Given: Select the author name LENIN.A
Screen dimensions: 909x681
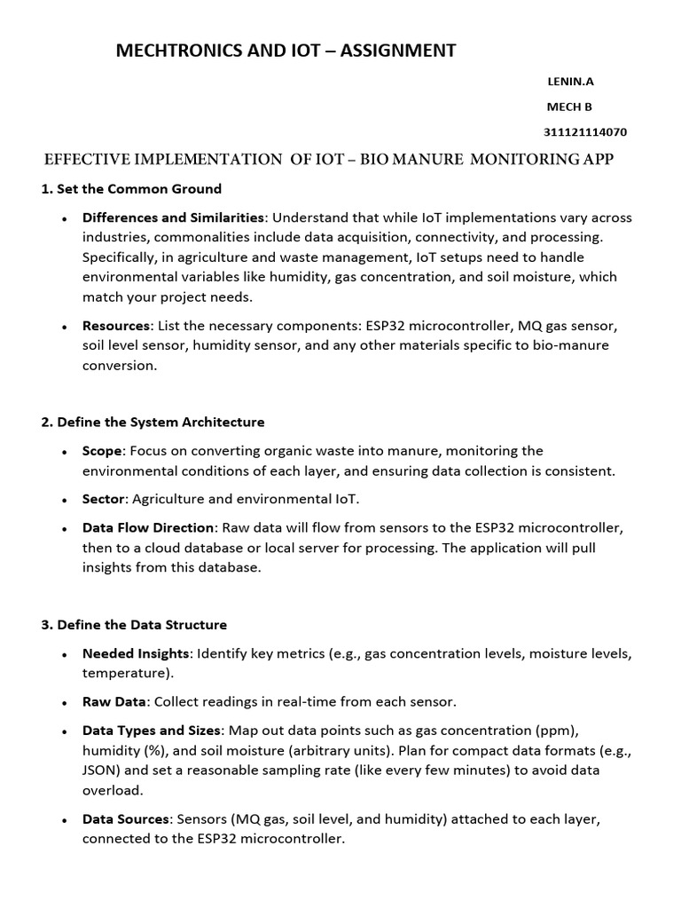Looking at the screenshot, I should pos(569,82).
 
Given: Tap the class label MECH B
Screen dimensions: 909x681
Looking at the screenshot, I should pos(568,107).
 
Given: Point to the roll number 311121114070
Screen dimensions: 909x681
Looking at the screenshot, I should pos(585,132).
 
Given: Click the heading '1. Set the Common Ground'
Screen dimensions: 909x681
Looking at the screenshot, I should pos(131,189).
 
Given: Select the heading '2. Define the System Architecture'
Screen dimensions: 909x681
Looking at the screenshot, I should pos(153,422).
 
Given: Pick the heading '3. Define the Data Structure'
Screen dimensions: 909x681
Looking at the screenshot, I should pos(134,625).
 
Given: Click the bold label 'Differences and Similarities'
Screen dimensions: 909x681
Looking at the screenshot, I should pos(173,217).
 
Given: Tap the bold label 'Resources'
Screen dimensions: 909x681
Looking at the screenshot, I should pos(116,326).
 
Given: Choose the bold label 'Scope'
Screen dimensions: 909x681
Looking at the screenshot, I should pos(102,451).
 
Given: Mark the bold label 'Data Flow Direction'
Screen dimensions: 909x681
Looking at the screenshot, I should pos(148,528).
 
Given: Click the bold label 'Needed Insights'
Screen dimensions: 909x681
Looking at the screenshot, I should pos(136,653).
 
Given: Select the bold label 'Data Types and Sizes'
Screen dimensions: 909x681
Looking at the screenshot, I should pos(151,731).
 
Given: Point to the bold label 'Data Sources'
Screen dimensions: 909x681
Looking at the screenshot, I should pos(125,818).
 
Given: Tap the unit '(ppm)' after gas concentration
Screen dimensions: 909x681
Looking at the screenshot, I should pos(558,731).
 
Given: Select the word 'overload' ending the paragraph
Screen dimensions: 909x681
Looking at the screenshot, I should pos(111,789).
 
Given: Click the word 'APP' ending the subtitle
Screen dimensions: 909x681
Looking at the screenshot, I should pos(595,160).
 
